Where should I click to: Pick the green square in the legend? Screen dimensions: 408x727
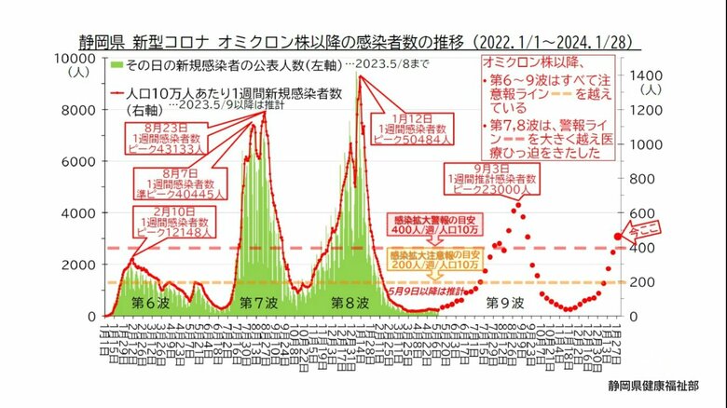117,66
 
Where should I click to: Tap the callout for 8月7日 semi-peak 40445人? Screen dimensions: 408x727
177,184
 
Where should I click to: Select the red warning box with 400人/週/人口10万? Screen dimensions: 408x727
423,223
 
